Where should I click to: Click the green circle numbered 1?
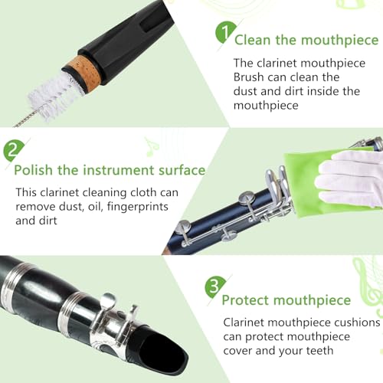click(x=224, y=34)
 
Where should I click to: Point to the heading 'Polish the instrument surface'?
click(x=110, y=170)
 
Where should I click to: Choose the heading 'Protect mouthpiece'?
click(x=287, y=300)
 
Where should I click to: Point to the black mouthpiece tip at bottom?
click(x=172, y=356)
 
